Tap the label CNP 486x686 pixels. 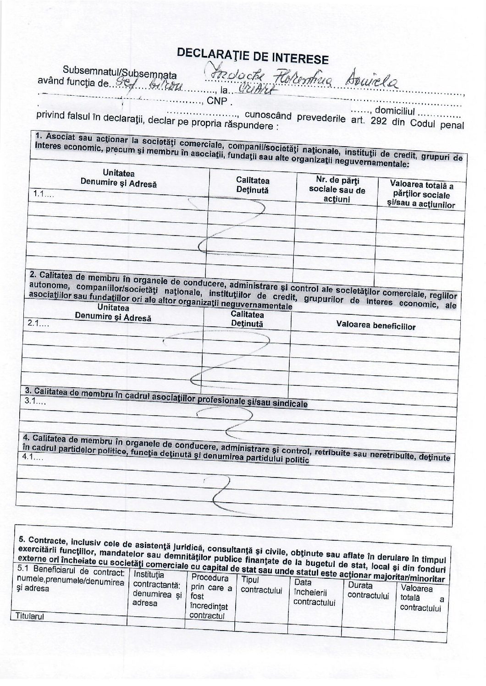pyautogui.click(x=218, y=101)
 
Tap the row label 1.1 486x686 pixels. pyautogui.click(x=42, y=194)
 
